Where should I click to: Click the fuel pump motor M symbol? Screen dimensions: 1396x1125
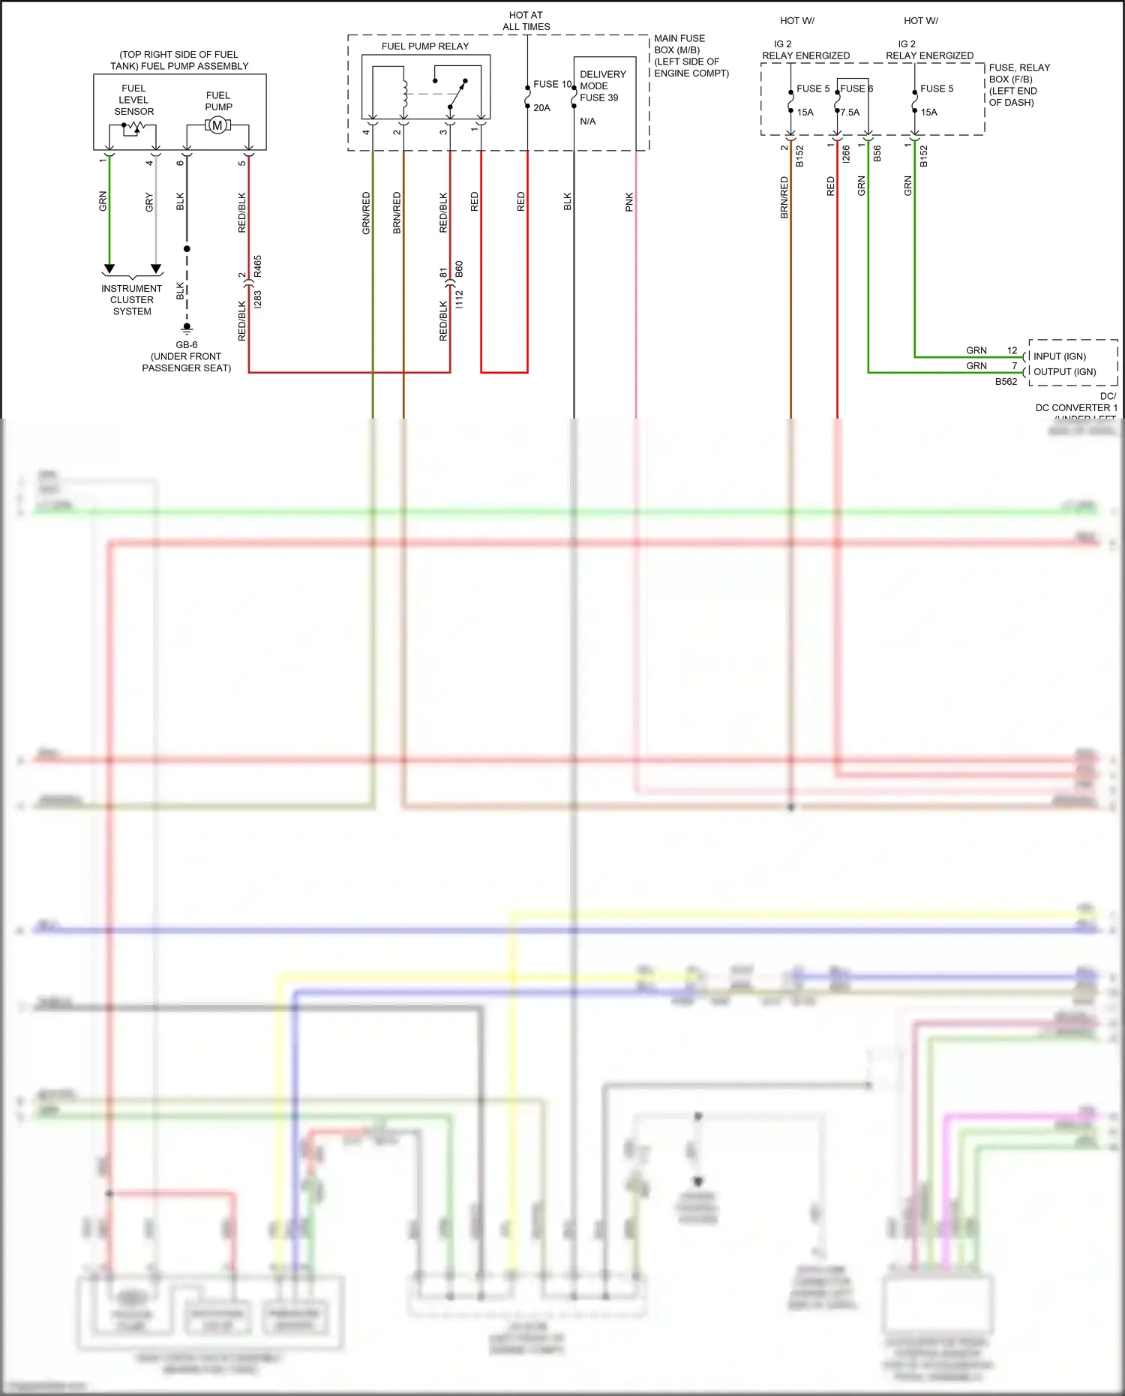(x=217, y=125)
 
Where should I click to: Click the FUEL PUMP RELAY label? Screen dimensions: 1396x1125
(x=424, y=47)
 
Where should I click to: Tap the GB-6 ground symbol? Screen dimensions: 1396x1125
(x=187, y=328)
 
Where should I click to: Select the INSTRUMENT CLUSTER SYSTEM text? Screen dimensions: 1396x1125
(x=132, y=299)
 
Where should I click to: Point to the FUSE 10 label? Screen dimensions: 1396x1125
(x=552, y=84)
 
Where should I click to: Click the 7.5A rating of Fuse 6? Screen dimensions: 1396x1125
(x=850, y=113)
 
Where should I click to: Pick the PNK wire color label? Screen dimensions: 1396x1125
(x=629, y=202)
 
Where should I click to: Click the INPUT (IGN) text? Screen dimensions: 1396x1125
(x=1059, y=356)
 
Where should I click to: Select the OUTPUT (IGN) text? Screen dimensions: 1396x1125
(x=1064, y=371)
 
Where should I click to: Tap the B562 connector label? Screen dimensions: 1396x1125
(x=1006, y=382)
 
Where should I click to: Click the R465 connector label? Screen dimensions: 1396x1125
(x=258, y=266)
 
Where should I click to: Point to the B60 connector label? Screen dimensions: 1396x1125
(x=459, y=269)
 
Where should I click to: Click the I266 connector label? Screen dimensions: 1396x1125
(x=846, y=154)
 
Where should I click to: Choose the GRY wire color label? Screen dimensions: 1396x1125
(x=149, y=202)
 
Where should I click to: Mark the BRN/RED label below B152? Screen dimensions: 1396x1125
(x=784, y=197)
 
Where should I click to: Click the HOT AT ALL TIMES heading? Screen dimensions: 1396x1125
(x=526, y=21)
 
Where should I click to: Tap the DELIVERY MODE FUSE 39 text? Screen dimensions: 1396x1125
(x=602, y=86)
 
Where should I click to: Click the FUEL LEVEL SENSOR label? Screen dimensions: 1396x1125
(x=133, y=100)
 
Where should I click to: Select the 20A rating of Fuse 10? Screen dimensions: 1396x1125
(x=541, y=108)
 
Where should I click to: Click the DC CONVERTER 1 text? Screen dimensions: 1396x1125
(x=1076, y=407)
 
